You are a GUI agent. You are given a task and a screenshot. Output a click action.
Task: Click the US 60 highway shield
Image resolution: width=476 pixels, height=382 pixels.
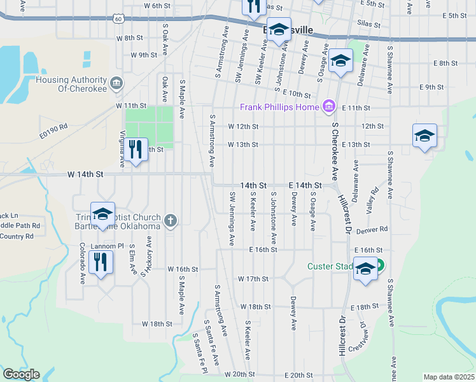click(119, 18)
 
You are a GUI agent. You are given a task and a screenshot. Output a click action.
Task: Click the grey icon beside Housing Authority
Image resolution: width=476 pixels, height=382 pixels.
click(116, 82)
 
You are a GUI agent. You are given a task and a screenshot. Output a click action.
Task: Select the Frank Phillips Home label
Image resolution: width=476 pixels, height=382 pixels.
click(279, 107)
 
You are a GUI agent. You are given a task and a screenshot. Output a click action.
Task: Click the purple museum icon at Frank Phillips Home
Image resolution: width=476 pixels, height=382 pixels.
click(329, 106)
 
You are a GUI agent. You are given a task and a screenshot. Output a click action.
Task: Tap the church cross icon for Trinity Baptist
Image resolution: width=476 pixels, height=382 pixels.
click(170, 220)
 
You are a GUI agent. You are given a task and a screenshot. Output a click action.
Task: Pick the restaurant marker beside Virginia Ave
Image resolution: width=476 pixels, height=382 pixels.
click(135, 150)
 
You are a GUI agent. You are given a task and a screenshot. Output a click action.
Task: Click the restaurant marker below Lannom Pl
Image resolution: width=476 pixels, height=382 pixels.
click(101, 262)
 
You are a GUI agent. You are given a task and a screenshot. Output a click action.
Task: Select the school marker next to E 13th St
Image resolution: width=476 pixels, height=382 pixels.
click(424, 136)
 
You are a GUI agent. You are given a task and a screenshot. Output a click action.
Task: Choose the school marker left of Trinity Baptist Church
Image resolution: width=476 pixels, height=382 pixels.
click(102, 215)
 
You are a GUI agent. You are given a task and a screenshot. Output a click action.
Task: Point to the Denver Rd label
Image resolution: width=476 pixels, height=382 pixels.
click(372, 229)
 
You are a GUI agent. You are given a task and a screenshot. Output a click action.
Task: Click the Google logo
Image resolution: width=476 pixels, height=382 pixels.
click(21, 374)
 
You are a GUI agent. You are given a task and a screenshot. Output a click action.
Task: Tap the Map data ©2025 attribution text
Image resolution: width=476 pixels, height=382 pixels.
click(449, 377)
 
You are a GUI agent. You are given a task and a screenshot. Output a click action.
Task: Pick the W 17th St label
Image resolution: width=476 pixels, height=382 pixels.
click(253, 279)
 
